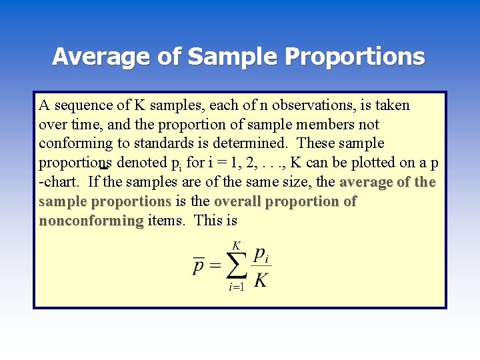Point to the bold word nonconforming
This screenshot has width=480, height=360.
click(91, 220)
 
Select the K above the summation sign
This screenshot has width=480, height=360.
click(236, 245)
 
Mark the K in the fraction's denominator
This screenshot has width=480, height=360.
click(261, 280)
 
